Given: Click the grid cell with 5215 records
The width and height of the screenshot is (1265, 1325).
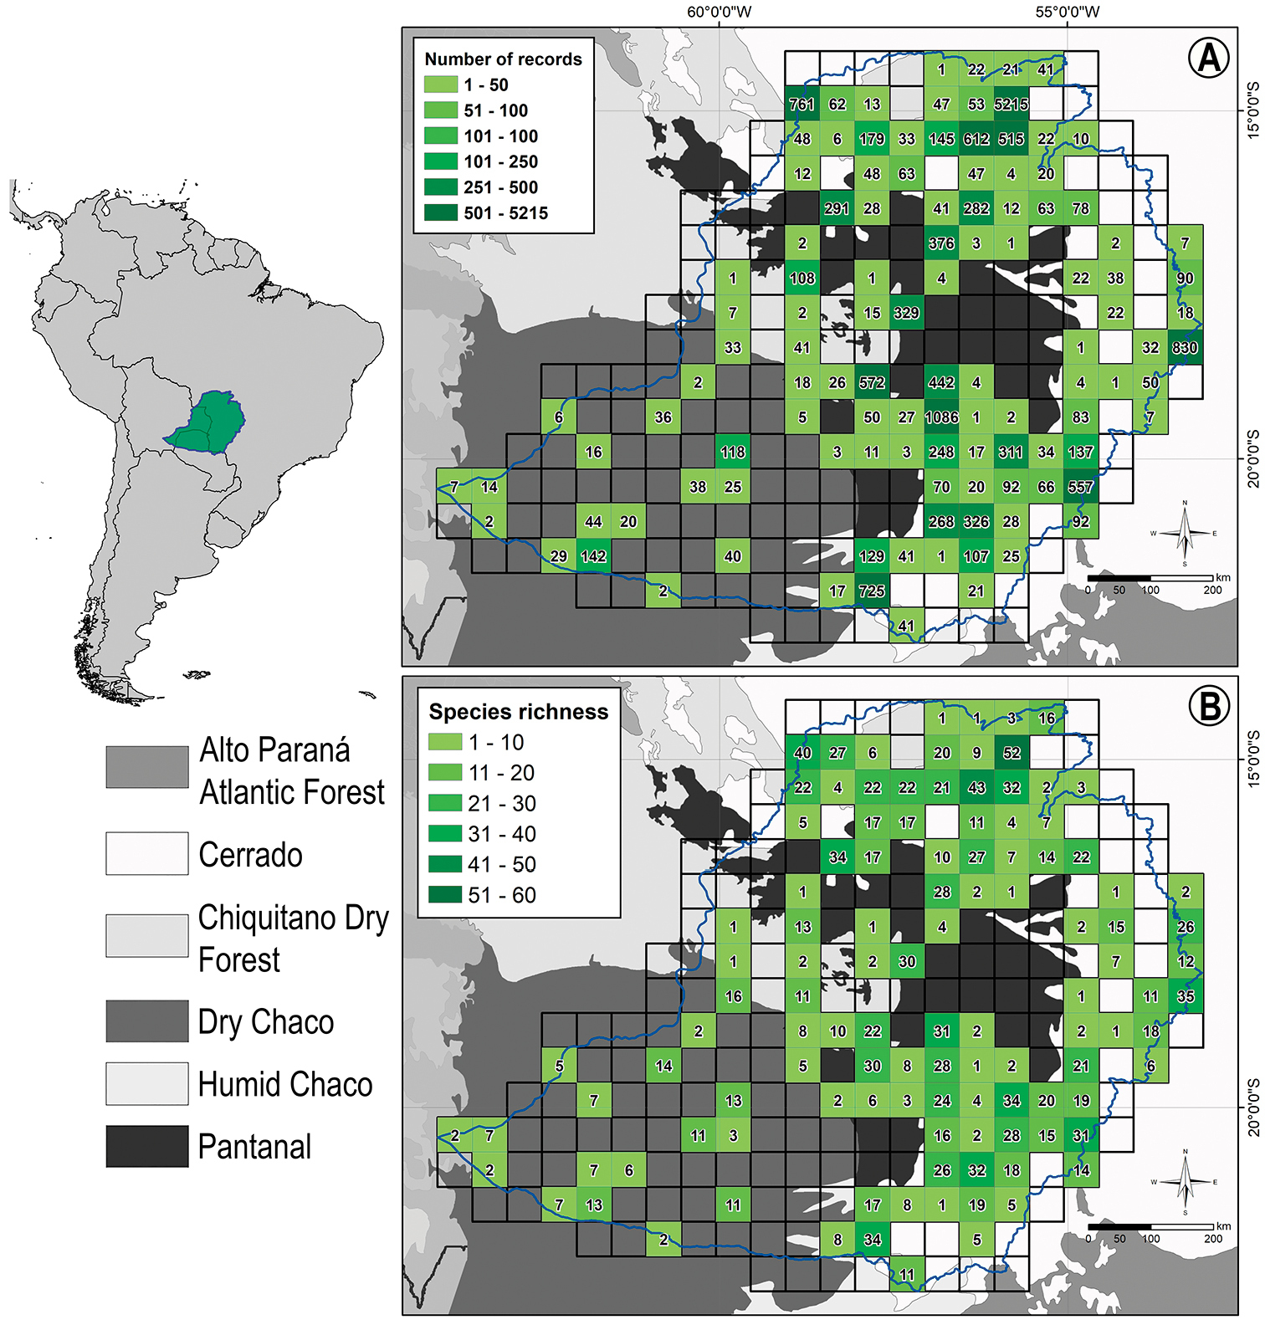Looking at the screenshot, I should (1011, 105).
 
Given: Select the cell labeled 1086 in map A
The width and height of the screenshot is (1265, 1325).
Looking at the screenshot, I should (941, 417).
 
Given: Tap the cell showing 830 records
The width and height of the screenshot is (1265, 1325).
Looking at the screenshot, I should (1185, 347).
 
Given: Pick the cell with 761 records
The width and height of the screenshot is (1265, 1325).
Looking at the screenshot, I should (802, 105).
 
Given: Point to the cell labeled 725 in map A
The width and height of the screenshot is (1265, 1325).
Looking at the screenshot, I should (872, 591).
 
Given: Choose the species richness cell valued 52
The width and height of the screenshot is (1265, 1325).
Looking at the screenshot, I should (1011, 753).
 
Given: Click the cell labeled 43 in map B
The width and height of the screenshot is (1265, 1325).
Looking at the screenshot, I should (976, 788).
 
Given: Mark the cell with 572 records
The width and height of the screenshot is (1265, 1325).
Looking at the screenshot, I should (872, 382).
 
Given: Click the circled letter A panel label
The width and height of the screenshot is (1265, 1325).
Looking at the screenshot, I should (1208, 58).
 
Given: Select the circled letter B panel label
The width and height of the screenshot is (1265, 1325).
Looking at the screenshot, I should (1209, 706).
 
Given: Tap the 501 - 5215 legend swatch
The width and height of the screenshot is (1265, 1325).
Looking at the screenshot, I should (441, 212).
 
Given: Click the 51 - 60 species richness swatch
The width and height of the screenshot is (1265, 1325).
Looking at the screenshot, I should (445, 895).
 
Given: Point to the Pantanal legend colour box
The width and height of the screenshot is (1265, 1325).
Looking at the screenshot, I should (147, 1146).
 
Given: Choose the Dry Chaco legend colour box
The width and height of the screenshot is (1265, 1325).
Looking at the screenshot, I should (147, 1021).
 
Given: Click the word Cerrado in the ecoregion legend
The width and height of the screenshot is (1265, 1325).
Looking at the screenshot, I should (250, 855).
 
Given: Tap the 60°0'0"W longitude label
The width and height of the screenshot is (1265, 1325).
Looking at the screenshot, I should (720, 12).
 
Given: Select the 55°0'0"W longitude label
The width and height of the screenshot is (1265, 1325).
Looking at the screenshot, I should (1068, 12).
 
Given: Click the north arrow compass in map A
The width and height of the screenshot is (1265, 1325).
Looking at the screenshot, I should (1185, 534).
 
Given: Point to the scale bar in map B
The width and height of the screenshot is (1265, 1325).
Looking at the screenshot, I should (1150, 1227).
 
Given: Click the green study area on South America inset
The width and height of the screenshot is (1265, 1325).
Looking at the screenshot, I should (209, 422).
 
